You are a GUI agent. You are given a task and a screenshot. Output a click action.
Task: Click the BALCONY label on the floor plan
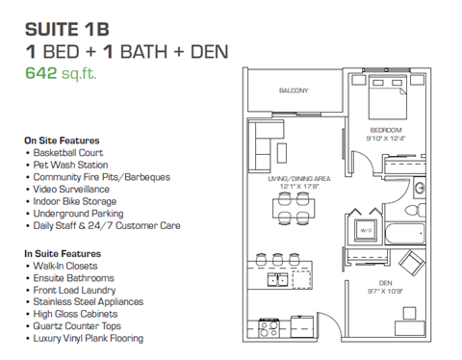click(x=295, y=91)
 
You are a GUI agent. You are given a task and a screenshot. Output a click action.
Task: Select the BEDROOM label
click(x=385, y=130)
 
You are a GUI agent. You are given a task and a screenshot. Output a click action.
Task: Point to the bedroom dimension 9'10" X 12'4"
click(x=385, y=139)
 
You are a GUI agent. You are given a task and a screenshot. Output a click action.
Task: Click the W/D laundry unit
click(x=365, y=231)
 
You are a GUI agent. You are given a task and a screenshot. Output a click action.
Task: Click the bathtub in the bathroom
click(x=404, y=235)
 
